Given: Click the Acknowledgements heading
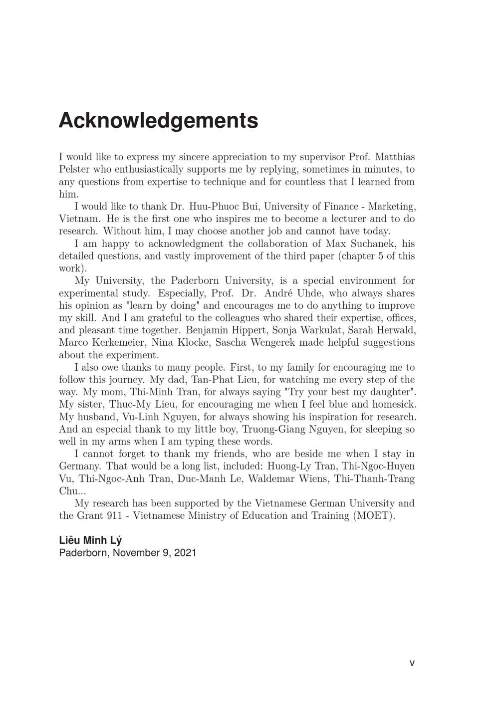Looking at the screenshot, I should (158, 121).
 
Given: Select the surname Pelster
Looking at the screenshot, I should (74, 170).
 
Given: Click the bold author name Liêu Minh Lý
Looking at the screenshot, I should (90, 540).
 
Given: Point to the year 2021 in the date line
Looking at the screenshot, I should (185, 553).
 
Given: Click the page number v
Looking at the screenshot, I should (412, 663).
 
